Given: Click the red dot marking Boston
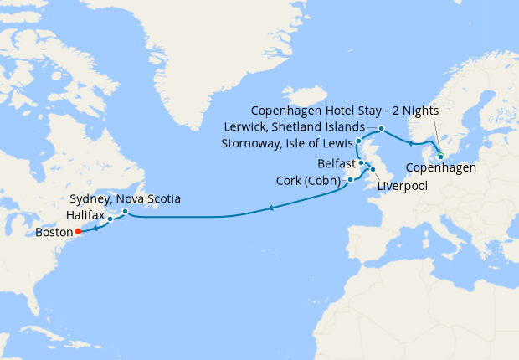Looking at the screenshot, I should (77, 231).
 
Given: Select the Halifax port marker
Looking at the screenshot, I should (110, 221).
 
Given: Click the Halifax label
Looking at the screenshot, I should (84, 216).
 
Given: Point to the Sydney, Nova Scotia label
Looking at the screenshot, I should (123, 198).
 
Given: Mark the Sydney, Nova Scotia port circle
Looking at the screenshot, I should (125, 212).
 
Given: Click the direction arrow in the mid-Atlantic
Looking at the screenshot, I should (270, 208).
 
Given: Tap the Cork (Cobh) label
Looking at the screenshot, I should (307, 181).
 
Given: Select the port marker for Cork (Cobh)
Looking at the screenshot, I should (350, 179).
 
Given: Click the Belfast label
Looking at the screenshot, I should (337, 162).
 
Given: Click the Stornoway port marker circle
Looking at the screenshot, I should (358, 141).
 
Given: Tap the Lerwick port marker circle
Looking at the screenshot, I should (381, 129).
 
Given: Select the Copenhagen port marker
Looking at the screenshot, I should (440, 156).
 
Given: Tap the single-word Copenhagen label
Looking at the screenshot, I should (442, 168).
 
